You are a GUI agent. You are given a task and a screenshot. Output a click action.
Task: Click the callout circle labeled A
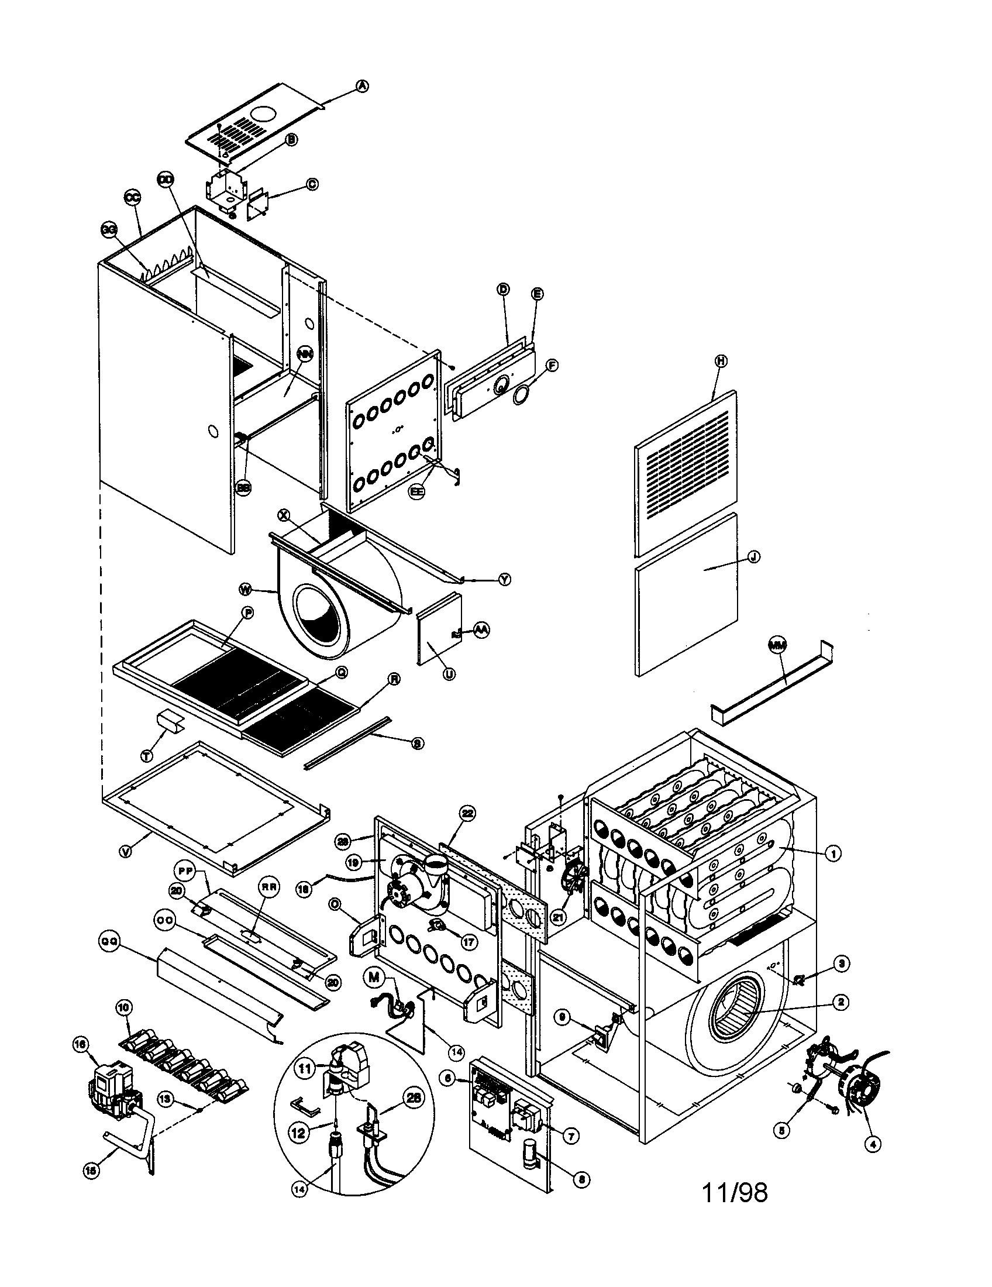pos(363,86)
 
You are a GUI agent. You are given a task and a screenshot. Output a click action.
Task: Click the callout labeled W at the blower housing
pos(246,588)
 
